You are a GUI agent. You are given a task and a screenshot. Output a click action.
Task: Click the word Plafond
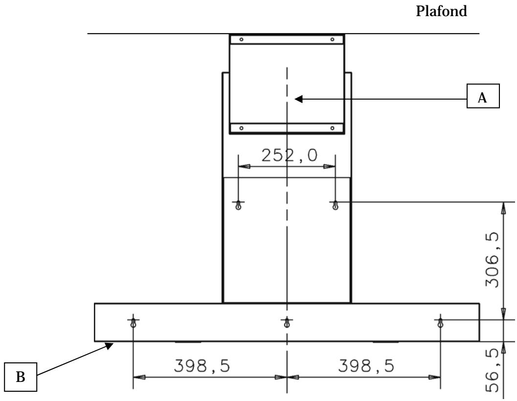click(441, 11)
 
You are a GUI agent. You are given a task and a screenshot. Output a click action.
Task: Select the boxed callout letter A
click(483, 98)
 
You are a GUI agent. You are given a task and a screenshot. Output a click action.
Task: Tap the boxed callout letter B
click(21, 377)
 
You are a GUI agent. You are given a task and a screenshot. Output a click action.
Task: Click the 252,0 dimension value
click(290, 155)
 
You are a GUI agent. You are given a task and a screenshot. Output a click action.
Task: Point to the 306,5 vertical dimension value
click(492, 260)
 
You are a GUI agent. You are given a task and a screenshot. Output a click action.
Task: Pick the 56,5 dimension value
click(492, 370)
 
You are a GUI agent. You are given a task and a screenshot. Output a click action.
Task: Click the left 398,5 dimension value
click(202, 366)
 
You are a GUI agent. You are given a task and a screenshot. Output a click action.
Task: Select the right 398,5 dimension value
click(366, 366)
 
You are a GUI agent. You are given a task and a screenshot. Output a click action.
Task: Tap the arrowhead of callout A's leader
click(298, 99)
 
